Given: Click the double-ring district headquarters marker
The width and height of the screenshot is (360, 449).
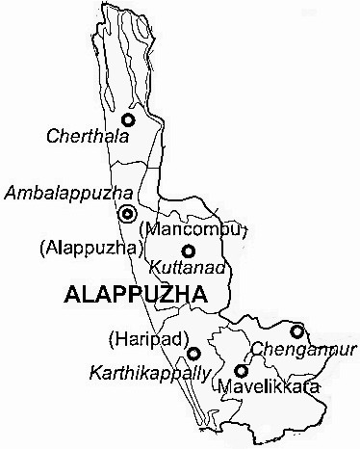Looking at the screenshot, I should point(127,214).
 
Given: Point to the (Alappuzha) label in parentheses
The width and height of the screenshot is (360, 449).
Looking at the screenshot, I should point(86,249).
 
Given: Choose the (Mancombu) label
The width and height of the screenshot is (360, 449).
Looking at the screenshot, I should point(193,230).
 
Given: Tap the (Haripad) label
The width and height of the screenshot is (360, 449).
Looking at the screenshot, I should point(143,338).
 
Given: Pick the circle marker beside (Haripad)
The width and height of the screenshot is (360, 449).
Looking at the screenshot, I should point(193,353).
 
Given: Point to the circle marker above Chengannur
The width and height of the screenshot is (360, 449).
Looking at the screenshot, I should point(297,331).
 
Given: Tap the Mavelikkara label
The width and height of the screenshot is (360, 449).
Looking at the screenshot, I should point(266,388).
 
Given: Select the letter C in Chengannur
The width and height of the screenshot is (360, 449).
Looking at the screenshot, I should point(256,348).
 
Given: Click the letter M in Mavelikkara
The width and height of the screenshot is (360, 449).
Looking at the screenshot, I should point(225,388).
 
